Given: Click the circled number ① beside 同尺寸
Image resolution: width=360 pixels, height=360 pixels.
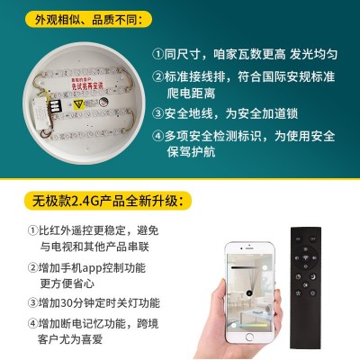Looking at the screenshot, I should (x=157, y=53).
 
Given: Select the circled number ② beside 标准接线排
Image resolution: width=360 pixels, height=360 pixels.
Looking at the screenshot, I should (x=157, y=76).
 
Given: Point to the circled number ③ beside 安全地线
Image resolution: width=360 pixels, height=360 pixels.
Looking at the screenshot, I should (x=157, y=114).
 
